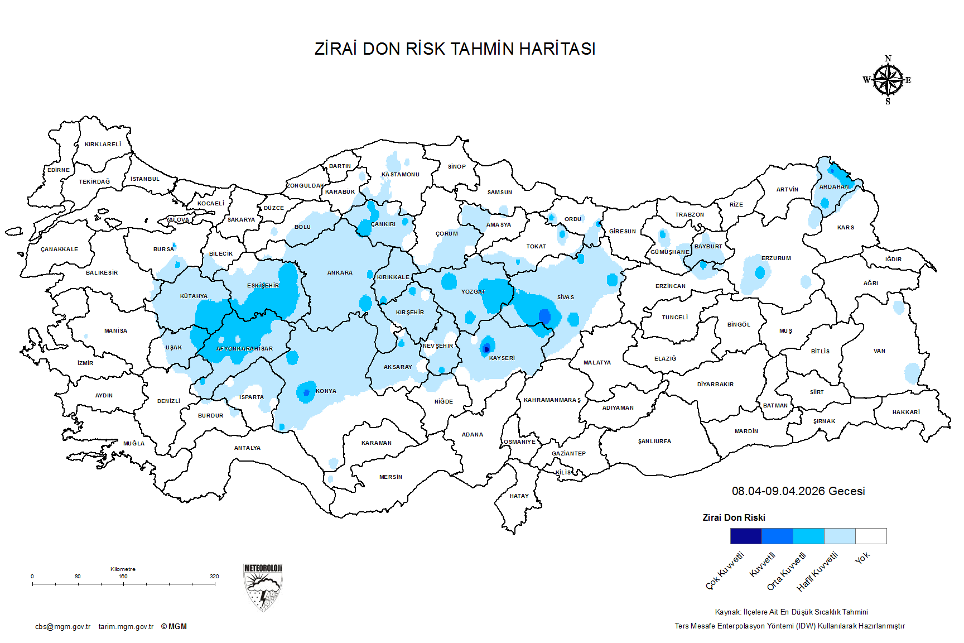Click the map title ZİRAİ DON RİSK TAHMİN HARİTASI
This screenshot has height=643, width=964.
455,49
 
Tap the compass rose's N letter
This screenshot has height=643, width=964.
888,59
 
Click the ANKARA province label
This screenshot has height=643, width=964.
340,273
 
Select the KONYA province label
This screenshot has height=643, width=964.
326,391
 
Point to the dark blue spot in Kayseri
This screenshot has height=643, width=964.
486,349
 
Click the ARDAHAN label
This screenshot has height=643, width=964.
834,187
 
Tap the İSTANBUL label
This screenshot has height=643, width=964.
145,179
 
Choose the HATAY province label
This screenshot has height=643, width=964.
519,496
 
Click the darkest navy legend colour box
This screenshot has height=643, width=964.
746,536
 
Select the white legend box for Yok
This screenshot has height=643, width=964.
871,536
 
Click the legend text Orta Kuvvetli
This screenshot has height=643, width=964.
787,571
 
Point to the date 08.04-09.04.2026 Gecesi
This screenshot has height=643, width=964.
798,491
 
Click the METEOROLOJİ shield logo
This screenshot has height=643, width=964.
263,587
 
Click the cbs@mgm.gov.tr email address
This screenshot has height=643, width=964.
62,627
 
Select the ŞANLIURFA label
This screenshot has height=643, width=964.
654,442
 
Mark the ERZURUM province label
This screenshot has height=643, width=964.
776,258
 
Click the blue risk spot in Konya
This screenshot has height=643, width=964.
306,392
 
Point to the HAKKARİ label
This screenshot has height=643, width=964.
906,412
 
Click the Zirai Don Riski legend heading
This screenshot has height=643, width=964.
734,518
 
